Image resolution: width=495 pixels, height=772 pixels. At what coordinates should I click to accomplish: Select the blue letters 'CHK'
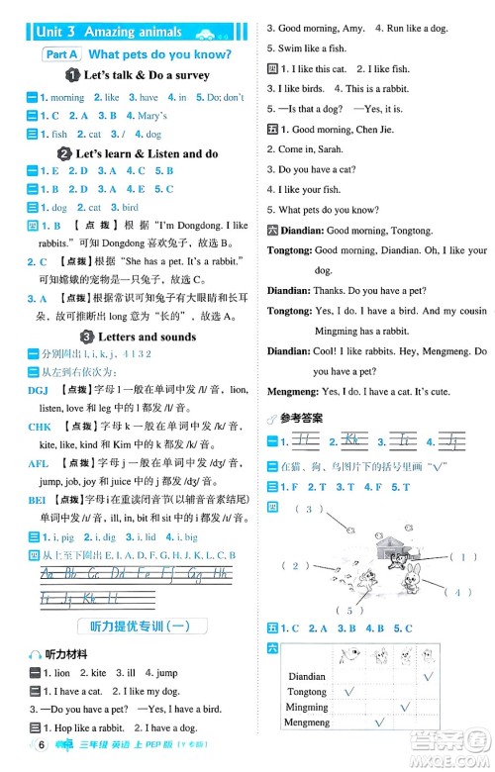40,427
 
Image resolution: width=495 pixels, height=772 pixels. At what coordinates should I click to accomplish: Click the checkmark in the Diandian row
428,675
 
